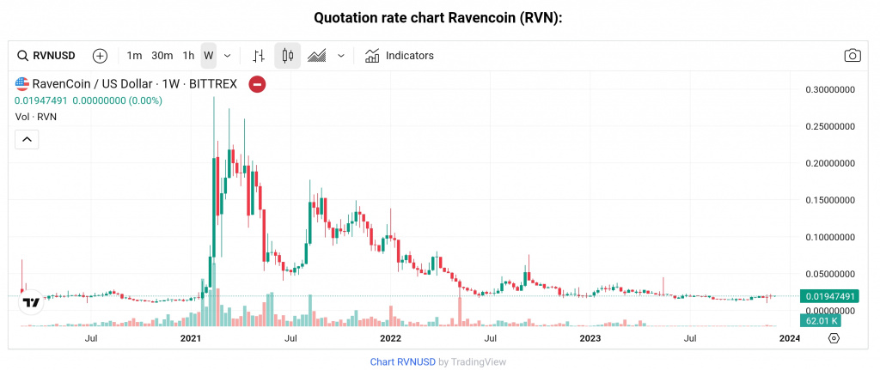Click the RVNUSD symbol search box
47,56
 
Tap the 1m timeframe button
134,56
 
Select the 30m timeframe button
162,56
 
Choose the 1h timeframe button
188,56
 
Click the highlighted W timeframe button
208,56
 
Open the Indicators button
400,56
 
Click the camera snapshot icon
852,56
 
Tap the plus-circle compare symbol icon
100,56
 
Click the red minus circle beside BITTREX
257,84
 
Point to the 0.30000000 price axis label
828,89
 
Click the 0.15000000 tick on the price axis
828,200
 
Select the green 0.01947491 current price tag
828,296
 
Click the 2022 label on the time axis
390,339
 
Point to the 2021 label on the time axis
191,339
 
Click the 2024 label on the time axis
789,339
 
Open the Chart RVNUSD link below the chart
402,362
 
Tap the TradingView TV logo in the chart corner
31,302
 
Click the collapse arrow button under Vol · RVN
27,139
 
